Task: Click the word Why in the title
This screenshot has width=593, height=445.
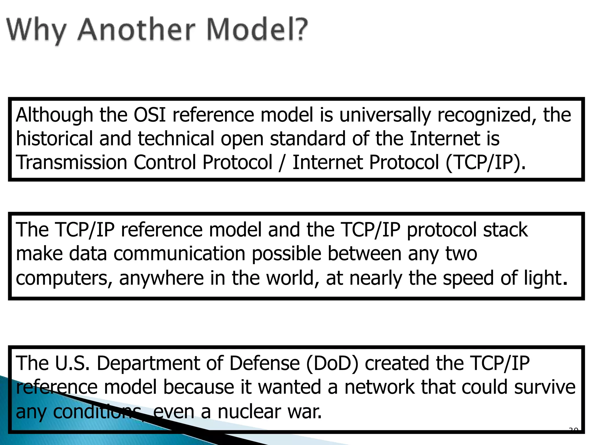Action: [x=36, y=30]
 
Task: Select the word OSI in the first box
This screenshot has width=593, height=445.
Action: [x=150, y=115]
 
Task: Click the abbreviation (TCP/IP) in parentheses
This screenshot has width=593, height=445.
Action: [x=485, y=163]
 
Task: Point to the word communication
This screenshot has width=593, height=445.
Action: [x=179, y=254]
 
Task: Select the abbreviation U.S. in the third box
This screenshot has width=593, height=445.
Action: [x=72, y=363]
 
